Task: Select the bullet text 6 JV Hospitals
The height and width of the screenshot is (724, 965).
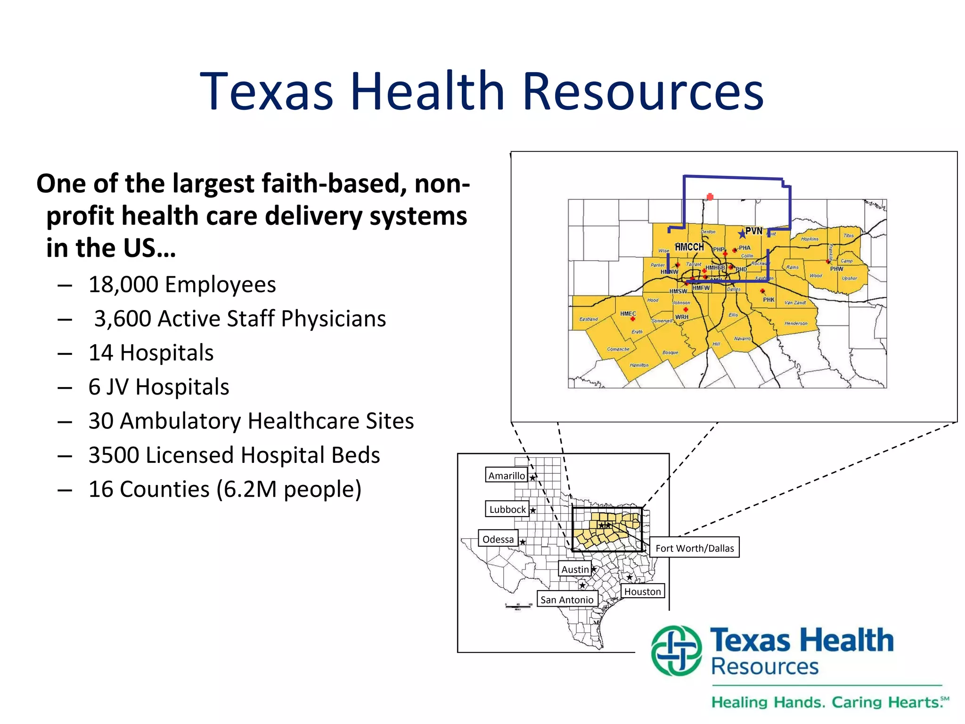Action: pyautogui.click(x=158, y=387)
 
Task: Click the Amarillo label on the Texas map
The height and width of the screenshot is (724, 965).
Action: pyautogui.click(x=507, y=476)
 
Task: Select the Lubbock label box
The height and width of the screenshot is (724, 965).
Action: pyautogui.click(x=507, y=509)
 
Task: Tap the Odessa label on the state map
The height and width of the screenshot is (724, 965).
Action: pyautogui.click(x=498, y=539)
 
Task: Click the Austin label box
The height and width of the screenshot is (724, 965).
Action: pyautogui.click(x=575, y=569)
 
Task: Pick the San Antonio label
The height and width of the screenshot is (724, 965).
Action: pyautogui.click(x=567, y=600)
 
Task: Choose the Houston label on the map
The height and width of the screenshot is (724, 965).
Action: pyautogui.click(x=643, y=592)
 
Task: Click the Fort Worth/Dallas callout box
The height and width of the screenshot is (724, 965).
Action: pyautogui.click(x=695, y=548)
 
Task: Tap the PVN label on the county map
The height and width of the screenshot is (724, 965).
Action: pyautogui.click(x=753, y=231)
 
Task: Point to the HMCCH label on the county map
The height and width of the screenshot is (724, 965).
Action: pyautogui.click(x=689, y=247)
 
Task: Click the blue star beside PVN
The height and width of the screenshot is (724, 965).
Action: pyautogui.click(x=742, y=233)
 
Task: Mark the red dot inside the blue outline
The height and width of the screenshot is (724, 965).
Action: pyautogui.click(x=710, y=197)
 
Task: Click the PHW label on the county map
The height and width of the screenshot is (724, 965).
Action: pyautogui.click(x=836, y=269)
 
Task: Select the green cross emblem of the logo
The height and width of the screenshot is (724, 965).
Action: pyautogui.click(x=677, y=651)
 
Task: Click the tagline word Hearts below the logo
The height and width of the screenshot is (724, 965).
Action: pyautogui.click(x=914, y=702)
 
